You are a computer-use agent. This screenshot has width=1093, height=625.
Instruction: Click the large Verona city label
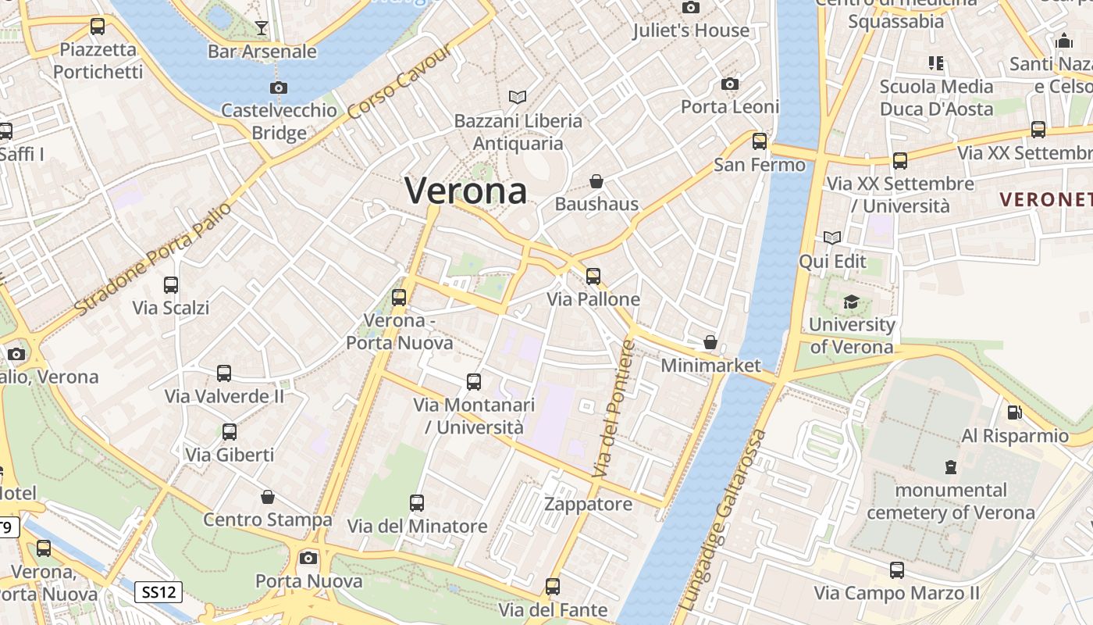pyautogui.click(x=466, y=190)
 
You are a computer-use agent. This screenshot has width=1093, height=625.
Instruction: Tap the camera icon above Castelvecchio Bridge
pyautogui.click(x=279, y=88)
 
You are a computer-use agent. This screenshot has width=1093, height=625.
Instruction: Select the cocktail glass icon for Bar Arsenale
pyautogui.click(x=262, y=28)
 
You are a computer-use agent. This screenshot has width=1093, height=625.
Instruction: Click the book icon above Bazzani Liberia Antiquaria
pyautogui.click(x=518, y=97)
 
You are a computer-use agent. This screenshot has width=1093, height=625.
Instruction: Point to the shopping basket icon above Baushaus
pyautogui.click(x=596, y=181)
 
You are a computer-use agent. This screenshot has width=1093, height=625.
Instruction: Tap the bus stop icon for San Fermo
pyautogui.click(x=760, y=141)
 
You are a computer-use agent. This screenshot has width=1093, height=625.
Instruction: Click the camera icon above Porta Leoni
pyautogui.click(x=730, y=84)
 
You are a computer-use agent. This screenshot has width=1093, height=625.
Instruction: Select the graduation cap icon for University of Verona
pyautogui.click(x=851, y=302)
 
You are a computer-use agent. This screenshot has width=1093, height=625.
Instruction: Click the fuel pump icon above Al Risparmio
pyautogui.click(x=1014, y=412)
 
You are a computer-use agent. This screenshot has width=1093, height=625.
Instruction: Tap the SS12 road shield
pyautogui.click(x=158, y=592)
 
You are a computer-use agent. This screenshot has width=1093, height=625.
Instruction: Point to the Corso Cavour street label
pyautogui.click(x=399, y=82)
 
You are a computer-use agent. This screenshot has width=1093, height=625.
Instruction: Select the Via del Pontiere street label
pyautogui.click(x=615, y=409)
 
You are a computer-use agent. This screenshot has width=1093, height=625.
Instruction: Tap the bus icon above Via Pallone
pyautogui.click(x=593, y=276)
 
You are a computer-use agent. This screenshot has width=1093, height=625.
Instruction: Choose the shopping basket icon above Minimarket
pyautogui.click(x=710, y=342)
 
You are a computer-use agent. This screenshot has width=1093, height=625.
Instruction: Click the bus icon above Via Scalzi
pyautogui.click(x=171, y=285)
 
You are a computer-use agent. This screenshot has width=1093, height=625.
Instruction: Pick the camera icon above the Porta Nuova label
pyautogui.click(x=308, y=558)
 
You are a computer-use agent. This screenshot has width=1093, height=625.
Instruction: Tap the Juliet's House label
pyautogui.click(x=691, y=30)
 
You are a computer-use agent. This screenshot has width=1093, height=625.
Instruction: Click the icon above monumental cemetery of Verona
pyautogui.click(x=950, y=467)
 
